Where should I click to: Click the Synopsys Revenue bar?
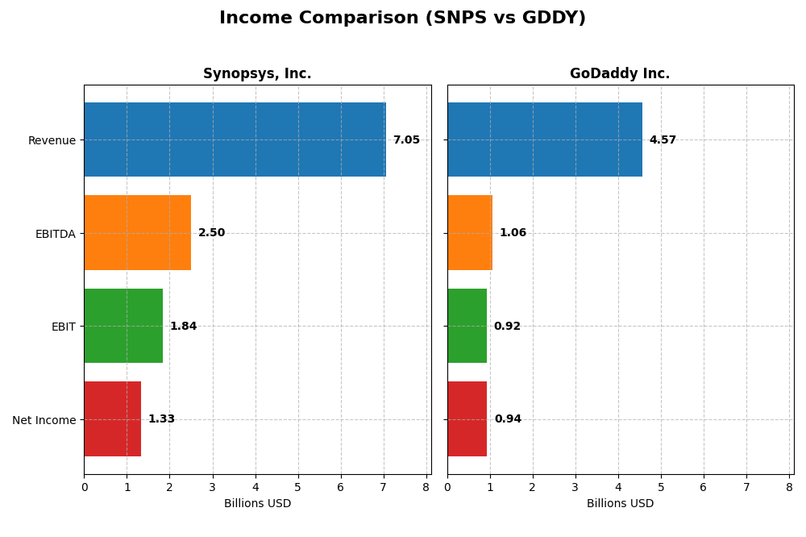click(235, 139)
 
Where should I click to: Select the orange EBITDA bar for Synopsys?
click(138, 233)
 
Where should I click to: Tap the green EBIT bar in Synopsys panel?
click(123, 326)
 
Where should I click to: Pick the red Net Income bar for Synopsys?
click(113, 419)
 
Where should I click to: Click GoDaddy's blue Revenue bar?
click(545, 139)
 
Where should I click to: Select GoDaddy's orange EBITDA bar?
click(470, 233)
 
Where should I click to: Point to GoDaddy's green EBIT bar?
click(467, 326)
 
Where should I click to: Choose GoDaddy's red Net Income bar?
click(467, 419)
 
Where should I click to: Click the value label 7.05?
click(406, 140)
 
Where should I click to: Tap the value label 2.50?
click(211, 233)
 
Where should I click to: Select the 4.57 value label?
click(663, 140)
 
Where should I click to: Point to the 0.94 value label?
click(508, 419)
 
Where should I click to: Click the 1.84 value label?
click(183, 327)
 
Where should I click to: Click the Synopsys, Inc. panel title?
click(257, 74)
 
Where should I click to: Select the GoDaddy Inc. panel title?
click(620, 74)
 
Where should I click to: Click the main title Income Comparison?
click(402, 19)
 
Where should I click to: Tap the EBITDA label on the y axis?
click(56, 234)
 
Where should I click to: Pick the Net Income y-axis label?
click(44, 420)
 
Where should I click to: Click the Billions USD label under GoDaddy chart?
click(620, 504)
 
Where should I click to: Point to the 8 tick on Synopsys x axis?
click(426, 487)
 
